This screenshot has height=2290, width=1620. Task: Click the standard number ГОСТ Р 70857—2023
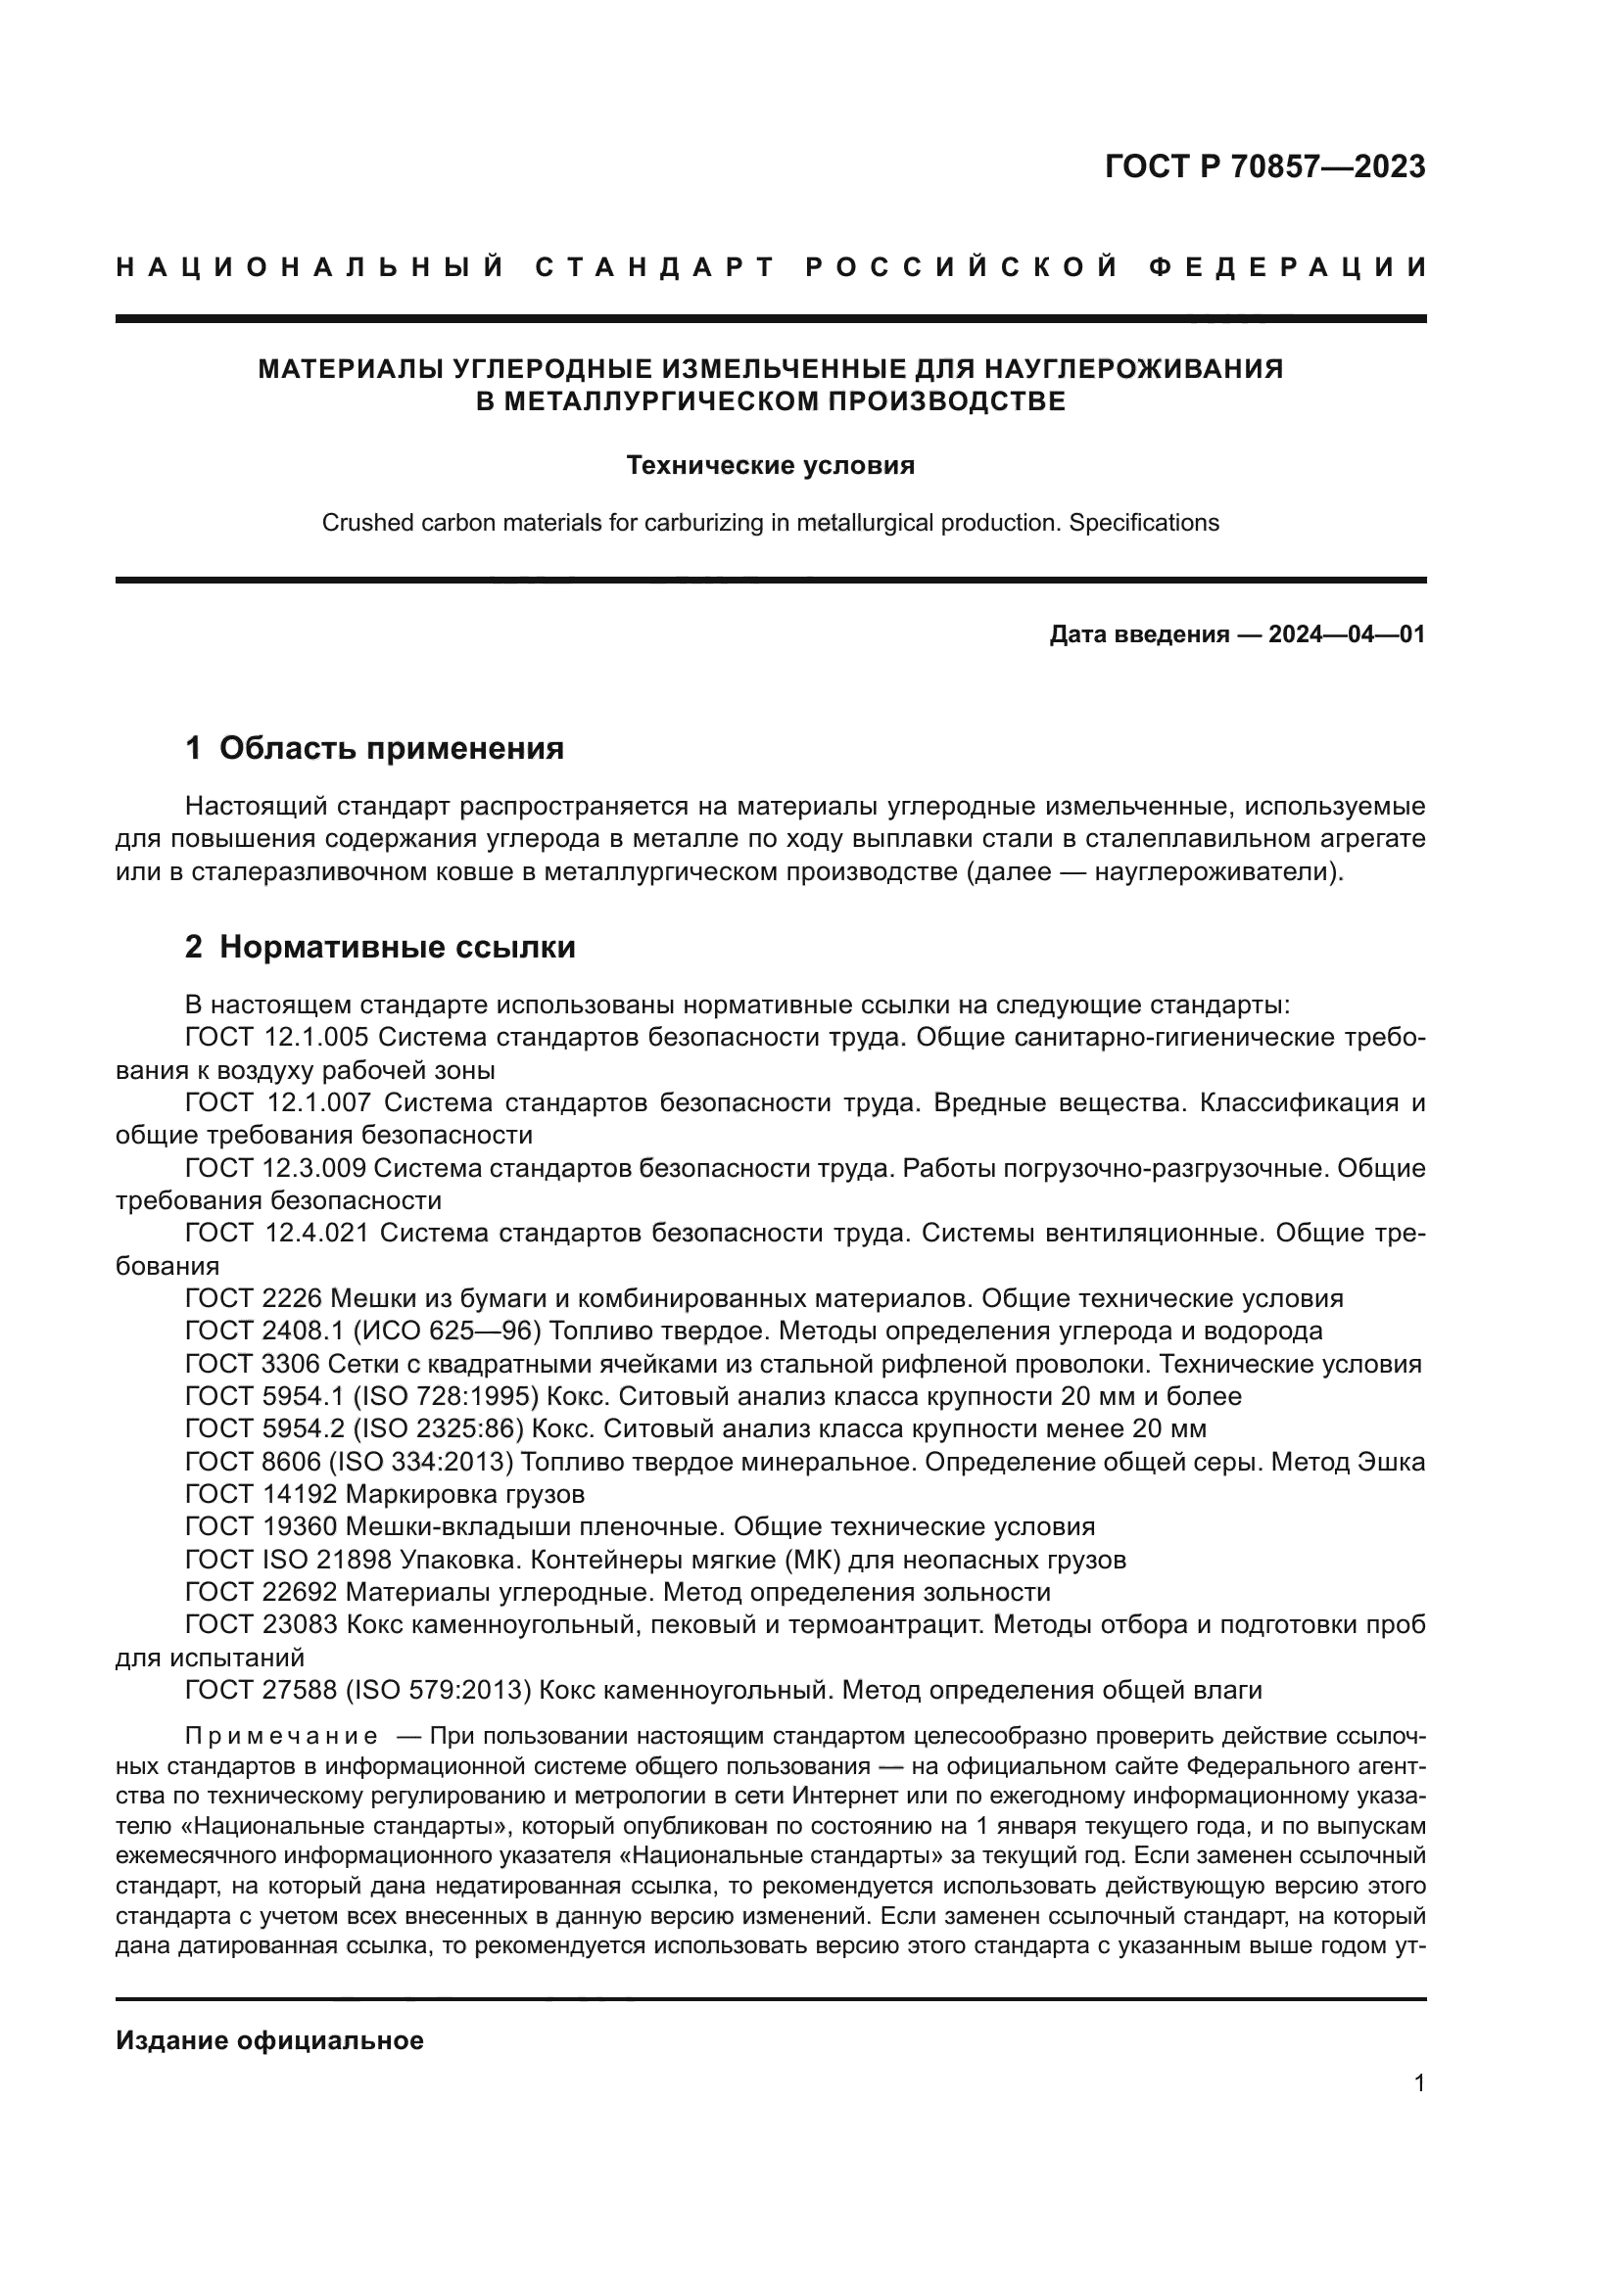click(x=1264, y=166)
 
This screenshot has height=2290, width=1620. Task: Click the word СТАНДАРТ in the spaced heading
click(x=655, y=267)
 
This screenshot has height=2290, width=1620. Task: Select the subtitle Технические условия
click(x=770, y=466)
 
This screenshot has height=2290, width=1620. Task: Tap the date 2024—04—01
click(x=1346, y=634)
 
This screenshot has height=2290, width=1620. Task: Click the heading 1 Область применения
click(x=374, y=748)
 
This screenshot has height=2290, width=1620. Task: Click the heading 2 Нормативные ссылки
click(x=380, y=947)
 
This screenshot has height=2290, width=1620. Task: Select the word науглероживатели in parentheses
click(x=1212, y=871)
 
